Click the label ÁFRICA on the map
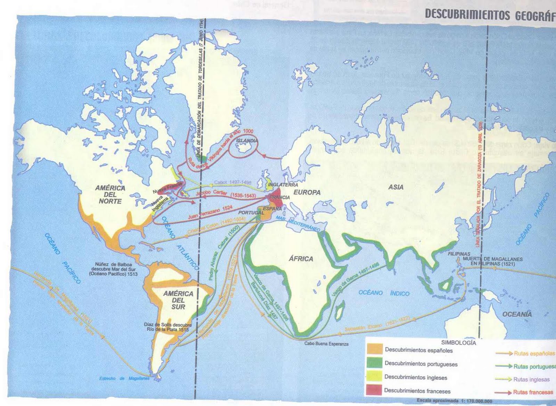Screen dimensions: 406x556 (301, 258)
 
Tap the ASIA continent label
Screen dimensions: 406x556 (396, 187)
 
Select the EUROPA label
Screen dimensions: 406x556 (307, 192)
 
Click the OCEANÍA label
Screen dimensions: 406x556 (517, 314)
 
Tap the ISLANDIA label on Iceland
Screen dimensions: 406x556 (246, 141)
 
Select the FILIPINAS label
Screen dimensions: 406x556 (459, 254)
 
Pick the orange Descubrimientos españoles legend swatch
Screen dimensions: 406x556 (374, 350)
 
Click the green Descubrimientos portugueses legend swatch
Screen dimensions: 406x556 (374, 364)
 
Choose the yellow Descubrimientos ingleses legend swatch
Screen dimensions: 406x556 (374, 377)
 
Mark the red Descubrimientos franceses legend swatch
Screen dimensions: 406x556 (374, 390)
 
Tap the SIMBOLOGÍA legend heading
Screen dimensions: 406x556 (455, 342)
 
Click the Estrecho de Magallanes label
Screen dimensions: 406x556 (124, 379)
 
